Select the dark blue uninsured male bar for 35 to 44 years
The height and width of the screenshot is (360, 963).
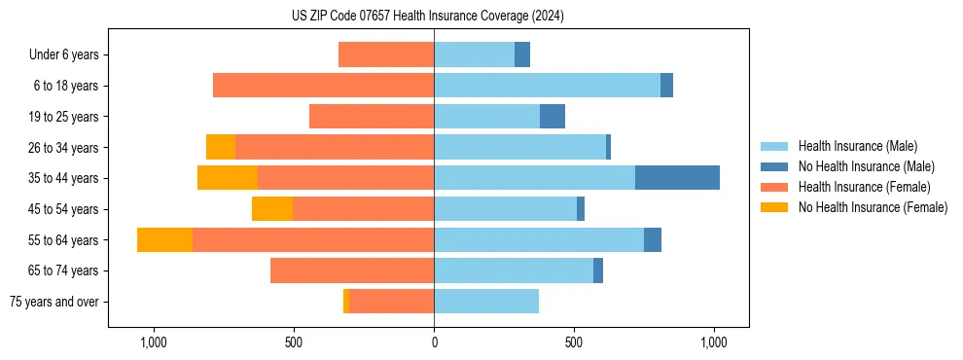[677, 178]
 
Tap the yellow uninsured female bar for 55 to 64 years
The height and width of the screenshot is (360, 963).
[164, 239]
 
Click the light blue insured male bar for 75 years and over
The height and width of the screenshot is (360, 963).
[486, 302]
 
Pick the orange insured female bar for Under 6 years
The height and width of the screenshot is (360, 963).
[386, 54]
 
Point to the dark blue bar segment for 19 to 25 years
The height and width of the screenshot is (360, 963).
[553, 116]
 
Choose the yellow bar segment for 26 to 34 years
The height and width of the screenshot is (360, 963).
[221, 147]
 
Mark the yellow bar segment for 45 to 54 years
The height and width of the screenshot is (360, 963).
[272, 209]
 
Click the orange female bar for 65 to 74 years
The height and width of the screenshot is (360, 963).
[352, 270]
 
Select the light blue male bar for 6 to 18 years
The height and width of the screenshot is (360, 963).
[547, 86]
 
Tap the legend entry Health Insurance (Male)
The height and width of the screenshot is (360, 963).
[857, 146]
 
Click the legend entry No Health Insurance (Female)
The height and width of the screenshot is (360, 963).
[873, 207]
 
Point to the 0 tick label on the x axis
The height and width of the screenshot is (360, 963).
[434, 342]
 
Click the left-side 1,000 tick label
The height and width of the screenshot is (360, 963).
[153, 342]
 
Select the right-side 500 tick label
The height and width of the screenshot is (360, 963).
[574, 342]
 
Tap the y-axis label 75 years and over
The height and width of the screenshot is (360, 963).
[53, 302]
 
